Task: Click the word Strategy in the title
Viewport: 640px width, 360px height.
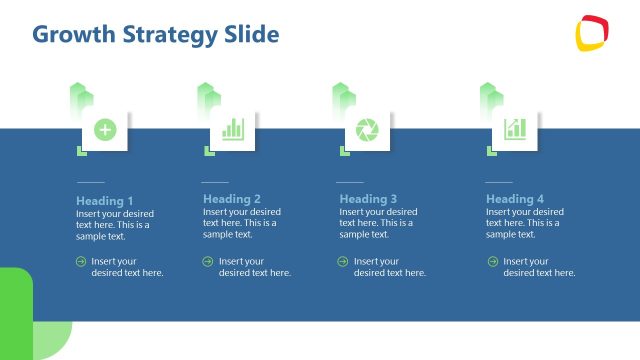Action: point(161,36)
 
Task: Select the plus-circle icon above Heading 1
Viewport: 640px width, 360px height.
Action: point(105,129)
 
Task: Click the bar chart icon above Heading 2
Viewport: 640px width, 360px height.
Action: point(233,129)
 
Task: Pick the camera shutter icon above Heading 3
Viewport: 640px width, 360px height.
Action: point(368,129)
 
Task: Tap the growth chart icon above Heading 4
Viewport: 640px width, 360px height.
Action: point(515,129)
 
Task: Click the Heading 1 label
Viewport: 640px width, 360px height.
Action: point(104,200)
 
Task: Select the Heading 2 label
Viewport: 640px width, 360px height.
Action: point(232,199)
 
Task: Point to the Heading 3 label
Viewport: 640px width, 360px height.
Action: point(368,199)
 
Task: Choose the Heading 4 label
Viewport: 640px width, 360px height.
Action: point(515,199)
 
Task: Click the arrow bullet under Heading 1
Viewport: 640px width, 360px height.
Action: point(81,262)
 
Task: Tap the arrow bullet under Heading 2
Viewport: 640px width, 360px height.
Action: point(208,262)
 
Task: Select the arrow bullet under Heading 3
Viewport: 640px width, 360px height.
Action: point(344,262)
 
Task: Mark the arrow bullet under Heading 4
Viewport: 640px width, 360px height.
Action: point(492,262)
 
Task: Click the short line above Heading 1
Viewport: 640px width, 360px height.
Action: point(90,182)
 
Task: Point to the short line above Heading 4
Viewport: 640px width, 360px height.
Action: point(499,182)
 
